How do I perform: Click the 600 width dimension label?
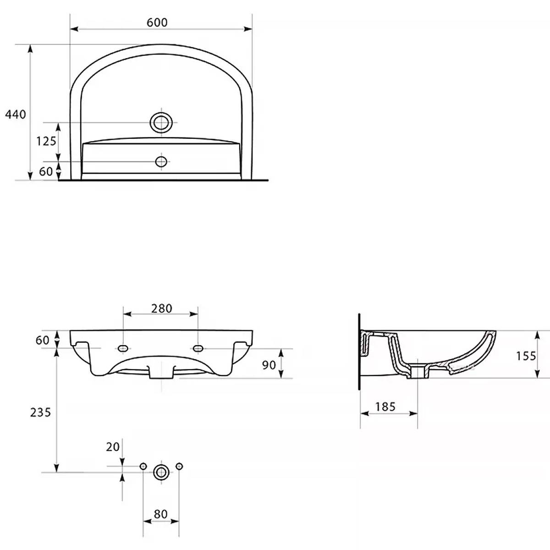157,22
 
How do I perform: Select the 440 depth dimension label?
16,115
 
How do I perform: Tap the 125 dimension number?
46,141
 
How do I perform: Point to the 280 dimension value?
161,308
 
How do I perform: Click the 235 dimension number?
40,412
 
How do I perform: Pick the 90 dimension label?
269,365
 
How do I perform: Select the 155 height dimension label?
526,356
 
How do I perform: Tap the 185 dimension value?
385,407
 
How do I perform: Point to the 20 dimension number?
113,447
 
